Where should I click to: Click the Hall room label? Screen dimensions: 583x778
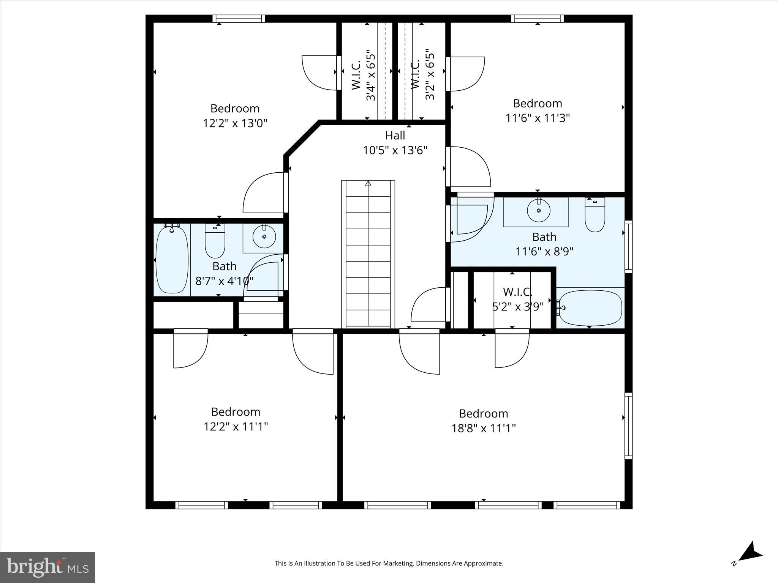(x=395, y=136)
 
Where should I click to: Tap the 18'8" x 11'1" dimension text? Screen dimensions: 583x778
(x=483, y=429)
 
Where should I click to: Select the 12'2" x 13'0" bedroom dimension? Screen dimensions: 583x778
(x=235, y=123)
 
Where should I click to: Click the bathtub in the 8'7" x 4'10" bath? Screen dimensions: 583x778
(x=172, y=260)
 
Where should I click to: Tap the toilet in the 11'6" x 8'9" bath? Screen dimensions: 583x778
(x=595, y=216)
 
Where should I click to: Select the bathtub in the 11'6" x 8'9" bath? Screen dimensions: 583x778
(x=590, y=308)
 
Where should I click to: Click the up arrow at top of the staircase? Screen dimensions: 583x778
(x=368, y=184)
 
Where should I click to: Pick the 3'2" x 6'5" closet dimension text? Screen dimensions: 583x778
(x=430, y=74)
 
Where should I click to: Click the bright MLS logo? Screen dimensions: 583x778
(x=47, y=567)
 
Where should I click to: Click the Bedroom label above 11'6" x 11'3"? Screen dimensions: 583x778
(x=537, y=103)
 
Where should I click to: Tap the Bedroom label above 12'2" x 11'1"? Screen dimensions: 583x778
(x=236, y=412)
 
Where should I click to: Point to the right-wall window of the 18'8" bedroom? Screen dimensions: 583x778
(x=628, y=425)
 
